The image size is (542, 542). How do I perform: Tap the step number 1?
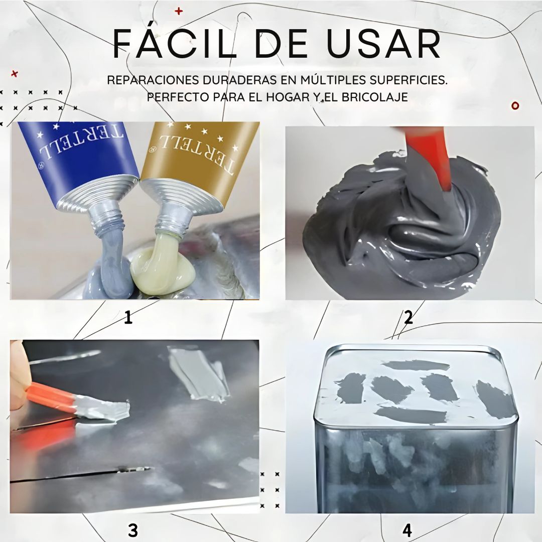tap(128, 317)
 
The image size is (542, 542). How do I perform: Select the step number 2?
tap(408, 317)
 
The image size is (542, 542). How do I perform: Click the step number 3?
tap(132, 530)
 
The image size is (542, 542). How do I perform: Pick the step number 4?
tap(407, 530)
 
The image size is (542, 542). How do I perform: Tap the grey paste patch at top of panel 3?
tap(198, 371)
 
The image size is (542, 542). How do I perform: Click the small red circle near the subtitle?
tap(515, 105)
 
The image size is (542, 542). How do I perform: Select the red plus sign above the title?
tap(179, 11)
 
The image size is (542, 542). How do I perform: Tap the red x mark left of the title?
tap(15, 74)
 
